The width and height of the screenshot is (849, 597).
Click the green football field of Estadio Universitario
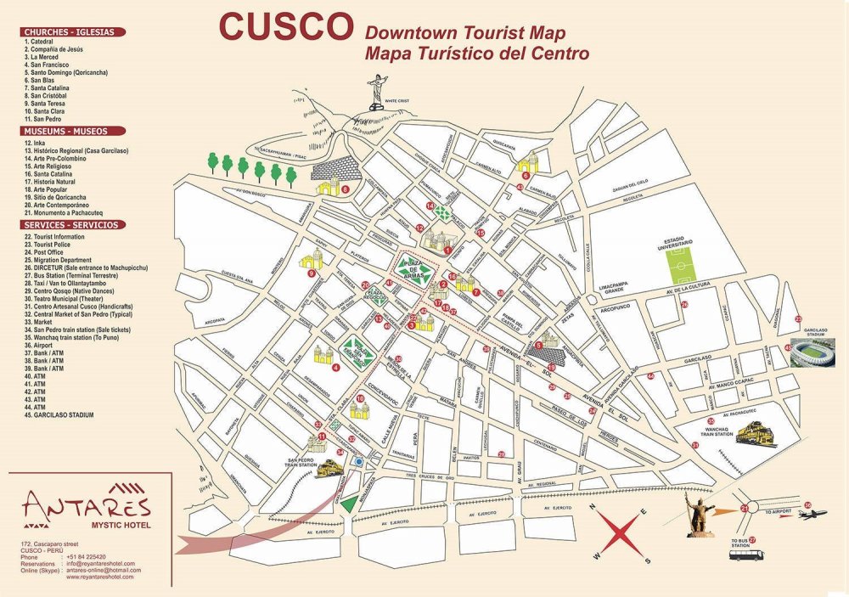click(x=683, y=264)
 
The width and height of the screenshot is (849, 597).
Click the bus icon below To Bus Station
click(x=747, y=555)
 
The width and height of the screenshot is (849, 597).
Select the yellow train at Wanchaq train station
click(x=754, y=435)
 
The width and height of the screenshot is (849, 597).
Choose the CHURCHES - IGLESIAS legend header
click(x=74, y=32)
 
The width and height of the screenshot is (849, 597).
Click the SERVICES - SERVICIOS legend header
click(x=74, y=225)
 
